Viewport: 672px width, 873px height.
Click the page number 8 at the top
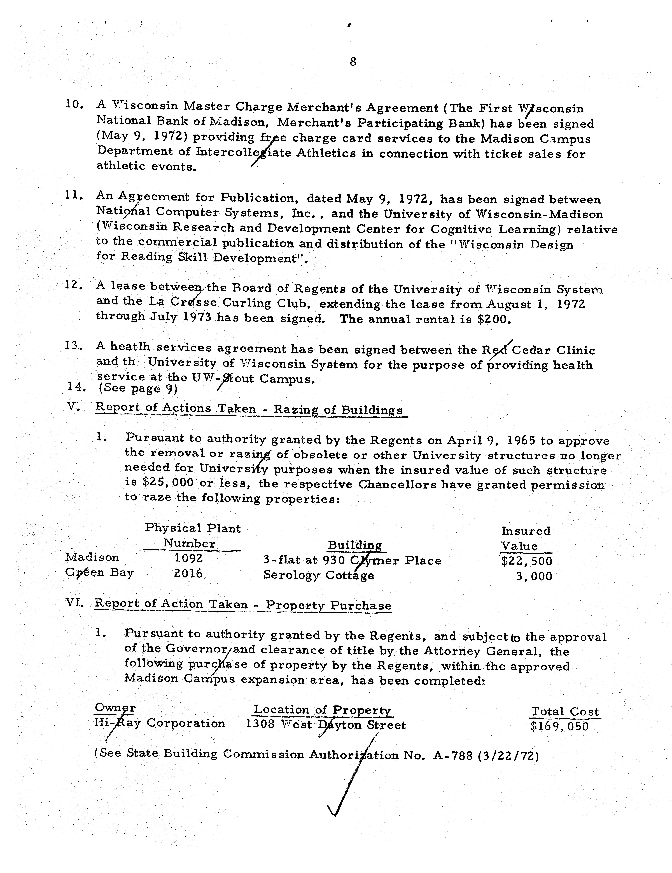click(x=352, y=62)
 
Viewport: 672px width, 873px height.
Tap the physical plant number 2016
click(x=188, y=574)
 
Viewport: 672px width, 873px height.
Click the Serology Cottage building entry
click(x=318, y=575)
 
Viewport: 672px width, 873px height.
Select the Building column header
click(x=354, y=545)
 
